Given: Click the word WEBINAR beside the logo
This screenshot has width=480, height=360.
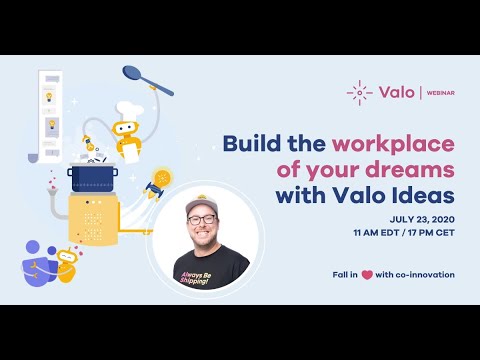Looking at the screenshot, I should click(435, 93).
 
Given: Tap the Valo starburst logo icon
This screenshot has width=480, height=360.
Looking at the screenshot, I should click(359, 93).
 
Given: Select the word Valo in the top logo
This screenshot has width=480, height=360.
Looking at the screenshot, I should click(396, 93).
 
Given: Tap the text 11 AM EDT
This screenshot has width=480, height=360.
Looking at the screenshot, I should click(373, 232).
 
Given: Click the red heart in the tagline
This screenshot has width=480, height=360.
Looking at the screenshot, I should click(368, 275).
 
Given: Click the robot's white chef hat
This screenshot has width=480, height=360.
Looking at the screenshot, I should click(127, 109).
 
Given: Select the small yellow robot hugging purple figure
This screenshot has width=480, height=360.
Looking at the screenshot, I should click(66, 263).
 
